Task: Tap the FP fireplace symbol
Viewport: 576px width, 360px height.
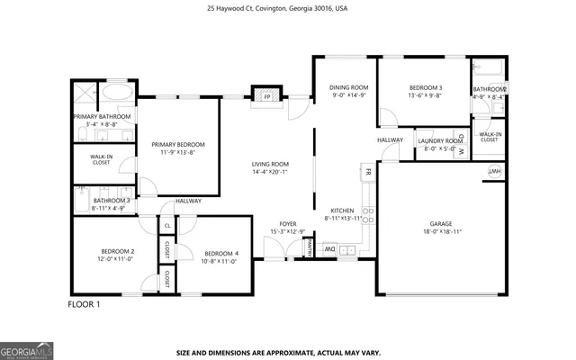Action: tap(265, 94)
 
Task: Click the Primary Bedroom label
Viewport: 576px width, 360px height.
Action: tap(178, 145)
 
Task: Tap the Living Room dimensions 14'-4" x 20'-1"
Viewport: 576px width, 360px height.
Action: tap(270, 172)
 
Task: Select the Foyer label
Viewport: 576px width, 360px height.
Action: tap(287, 224)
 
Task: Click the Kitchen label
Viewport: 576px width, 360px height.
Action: tap(344, 210)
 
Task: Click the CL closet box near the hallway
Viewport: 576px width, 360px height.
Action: tap(167, 225)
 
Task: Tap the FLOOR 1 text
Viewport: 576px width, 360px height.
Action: tap(85, 304)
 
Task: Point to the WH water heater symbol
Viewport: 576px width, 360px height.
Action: tap(494, 171)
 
